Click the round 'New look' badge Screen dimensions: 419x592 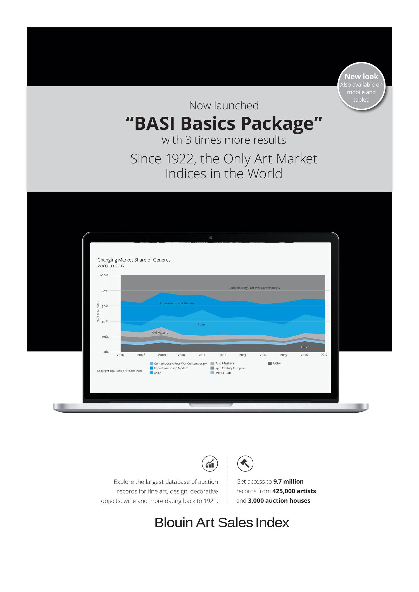(361, 86)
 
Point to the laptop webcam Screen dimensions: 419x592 (211, 238)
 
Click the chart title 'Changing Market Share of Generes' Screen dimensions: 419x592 (134, 260)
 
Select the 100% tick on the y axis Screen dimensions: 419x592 (104, 275)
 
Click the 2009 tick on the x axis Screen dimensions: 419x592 (162, 355)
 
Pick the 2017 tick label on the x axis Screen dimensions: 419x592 (324, 354)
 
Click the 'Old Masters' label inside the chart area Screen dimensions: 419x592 (160, 333)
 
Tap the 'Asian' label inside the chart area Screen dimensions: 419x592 (201, 325)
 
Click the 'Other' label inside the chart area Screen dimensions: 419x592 (305, 347)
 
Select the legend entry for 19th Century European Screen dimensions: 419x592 (228, 368)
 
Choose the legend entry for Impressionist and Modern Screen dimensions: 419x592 (169, 368)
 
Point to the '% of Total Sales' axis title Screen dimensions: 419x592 (98, 311)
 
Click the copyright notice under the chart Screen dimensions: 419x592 (120, 371)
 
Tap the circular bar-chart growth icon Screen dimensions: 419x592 (210, 464)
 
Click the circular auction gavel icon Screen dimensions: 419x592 (245, 464)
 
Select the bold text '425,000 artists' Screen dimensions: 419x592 (294, 491)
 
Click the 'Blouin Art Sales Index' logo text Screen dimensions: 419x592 (222, 523)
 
